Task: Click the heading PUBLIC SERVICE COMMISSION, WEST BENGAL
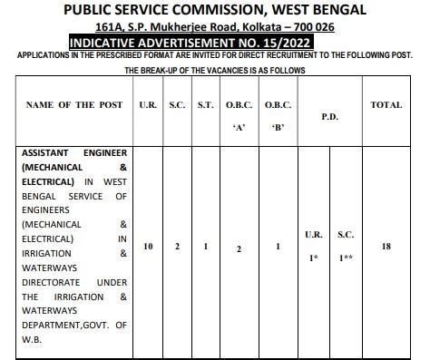click(215, 10)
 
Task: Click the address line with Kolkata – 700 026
click(215, 27)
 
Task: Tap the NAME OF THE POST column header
click(73, 105)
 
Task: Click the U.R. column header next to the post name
click(148, 105)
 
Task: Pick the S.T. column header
click(206, 105)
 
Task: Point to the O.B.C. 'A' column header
click(239, 115)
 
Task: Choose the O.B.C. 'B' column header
click(278, 115)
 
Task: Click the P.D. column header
click(330, 116)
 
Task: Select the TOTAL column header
click(386, 105)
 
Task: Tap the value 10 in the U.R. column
click(148, 247)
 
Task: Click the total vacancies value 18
click(386, 247)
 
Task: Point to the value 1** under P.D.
click(346, 258)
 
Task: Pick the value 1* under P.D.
click(313, 258)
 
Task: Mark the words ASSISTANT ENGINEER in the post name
click(73, 153)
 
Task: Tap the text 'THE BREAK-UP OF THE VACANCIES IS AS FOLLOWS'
click(215, 70)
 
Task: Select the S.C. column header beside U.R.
click(177, 105)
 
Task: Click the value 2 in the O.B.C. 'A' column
click(239, 248)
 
